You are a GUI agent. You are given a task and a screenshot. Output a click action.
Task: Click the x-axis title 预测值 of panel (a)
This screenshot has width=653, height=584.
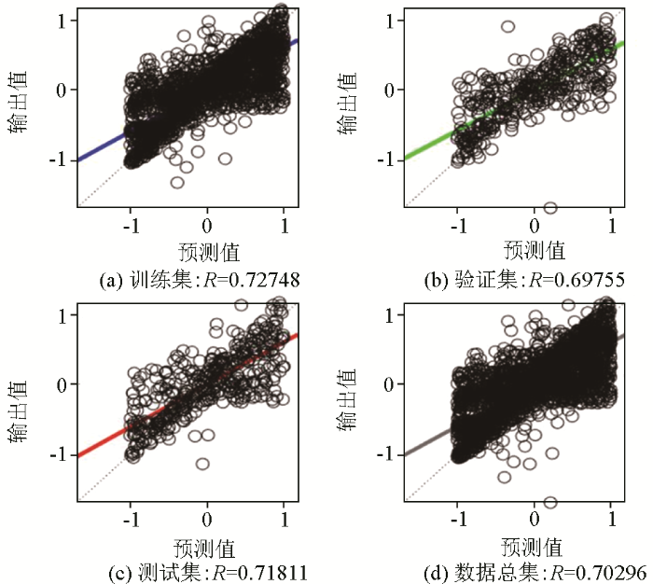208,251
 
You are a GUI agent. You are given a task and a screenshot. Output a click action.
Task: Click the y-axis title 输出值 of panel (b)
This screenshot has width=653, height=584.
347,112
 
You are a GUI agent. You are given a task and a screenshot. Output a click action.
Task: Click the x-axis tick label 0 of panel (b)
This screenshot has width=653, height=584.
535,225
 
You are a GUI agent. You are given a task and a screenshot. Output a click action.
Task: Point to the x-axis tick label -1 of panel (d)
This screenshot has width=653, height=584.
456,519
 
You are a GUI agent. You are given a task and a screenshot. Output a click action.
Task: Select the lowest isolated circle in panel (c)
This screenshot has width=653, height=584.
202,464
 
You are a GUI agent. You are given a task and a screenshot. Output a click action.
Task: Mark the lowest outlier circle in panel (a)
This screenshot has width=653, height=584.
177,182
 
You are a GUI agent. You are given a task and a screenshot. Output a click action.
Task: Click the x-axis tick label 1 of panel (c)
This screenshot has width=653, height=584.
284,519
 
